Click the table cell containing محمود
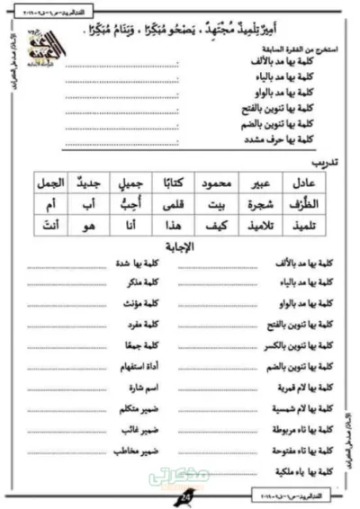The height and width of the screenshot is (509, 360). [218, 183]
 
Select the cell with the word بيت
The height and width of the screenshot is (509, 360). [218, 204]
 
